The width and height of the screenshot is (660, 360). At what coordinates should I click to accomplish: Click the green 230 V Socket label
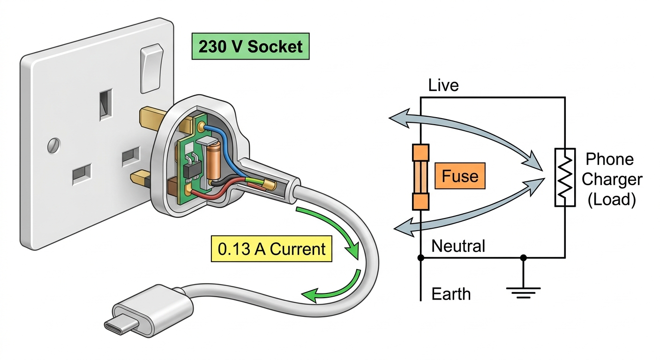pyautogui.click(x=250, y=46)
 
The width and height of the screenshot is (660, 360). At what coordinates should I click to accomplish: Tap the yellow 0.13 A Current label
pyautogui.click(x=271, y=248)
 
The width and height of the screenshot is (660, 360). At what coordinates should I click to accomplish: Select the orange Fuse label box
pyautogui.click(x=460, y=176)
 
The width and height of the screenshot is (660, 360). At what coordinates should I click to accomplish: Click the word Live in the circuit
pyautogui.click(x=443, y=85)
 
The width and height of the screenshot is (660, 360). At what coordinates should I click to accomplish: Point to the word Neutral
pyautogui.click(x=458, y=246)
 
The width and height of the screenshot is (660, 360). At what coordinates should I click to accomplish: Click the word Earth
pyautogui.click(x=451, y=294)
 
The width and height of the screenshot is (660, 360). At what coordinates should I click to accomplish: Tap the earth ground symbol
pyautogui.click(x=523, y=292)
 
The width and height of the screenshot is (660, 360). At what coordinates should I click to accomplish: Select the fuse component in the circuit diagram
pyautogui.click(x=420, y=177)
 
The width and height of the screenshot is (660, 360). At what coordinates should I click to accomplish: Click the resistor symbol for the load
pyautogui.click(x=565, y=177)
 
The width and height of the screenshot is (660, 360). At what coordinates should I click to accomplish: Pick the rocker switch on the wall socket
pyautogui.click(x=152, y=68)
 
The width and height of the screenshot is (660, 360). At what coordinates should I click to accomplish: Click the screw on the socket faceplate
pyautogui.click(x=54, y=145)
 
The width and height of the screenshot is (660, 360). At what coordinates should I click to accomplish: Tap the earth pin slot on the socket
pyautogui.click(x=106, y=105)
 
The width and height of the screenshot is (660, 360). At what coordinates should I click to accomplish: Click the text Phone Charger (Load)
pyautogui.click(x=612, y=179)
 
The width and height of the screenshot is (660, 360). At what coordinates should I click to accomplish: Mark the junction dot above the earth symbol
pyautogui.click(x=523, y=258)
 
